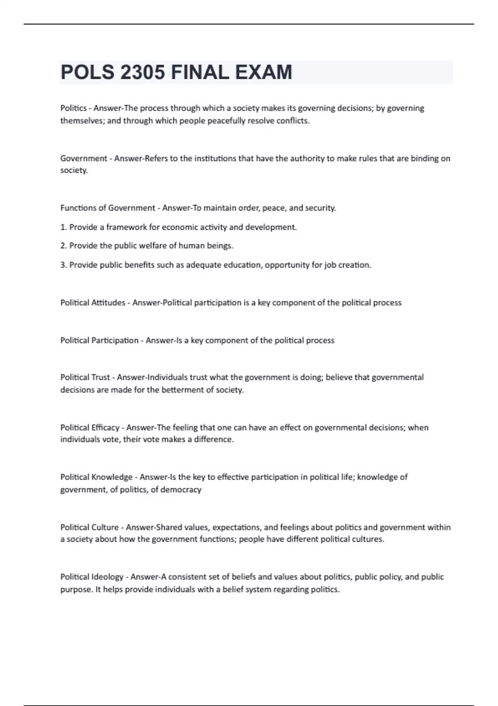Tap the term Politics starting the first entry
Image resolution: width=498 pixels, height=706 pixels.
(73, 108)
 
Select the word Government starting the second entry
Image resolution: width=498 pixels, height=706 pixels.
(84, 158)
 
